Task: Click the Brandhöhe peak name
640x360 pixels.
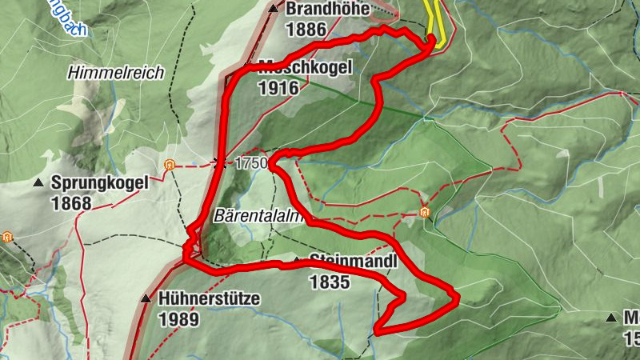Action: (x=328, y=10)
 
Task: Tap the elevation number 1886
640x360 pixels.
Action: (x=306, y=30)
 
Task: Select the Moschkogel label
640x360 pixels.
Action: (x=305, y=68)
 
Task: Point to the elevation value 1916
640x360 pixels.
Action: (x=278, y=87)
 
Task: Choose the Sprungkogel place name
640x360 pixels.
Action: (x=99, y=182)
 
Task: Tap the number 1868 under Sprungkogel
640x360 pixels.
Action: (x=70, y=203)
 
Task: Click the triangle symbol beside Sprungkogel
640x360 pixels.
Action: (x=38, y=183)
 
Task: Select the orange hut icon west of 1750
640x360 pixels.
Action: (x=169, y=165)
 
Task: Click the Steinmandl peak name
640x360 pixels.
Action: (x=341, y=261)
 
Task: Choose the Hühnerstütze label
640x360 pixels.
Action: (x=209, y=299)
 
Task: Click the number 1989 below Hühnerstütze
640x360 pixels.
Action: (x=178, y=319)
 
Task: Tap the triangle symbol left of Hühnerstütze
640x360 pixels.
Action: (x=146, y=299)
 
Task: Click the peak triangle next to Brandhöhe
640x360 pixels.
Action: (x=274, y=10)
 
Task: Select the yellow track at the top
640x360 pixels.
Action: (x=434, y=20)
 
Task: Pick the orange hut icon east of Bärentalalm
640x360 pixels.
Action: (x=424, y=212)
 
